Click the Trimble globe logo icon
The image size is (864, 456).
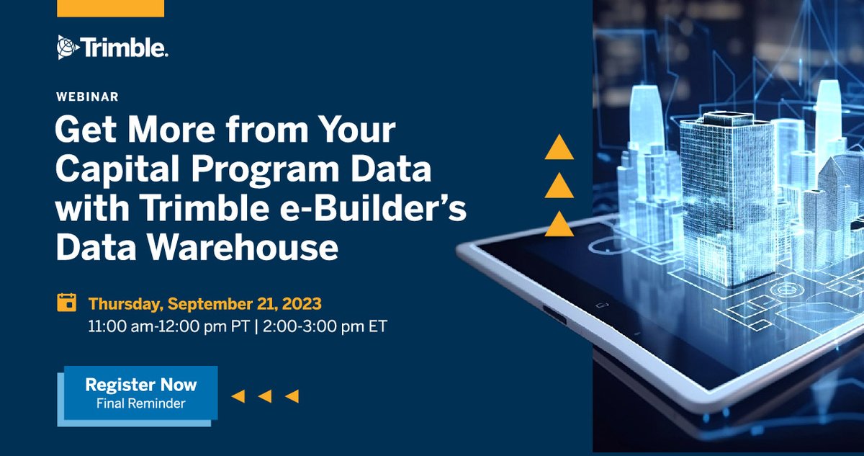point(67,48)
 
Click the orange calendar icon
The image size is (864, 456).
point(66,302)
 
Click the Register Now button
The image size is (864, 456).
point(140,392)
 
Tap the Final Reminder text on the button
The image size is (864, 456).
point(140,403)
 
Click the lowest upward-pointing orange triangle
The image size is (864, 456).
point(559,225)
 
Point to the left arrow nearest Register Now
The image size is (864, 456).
point(238,395)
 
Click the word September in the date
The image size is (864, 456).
point(223,302)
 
